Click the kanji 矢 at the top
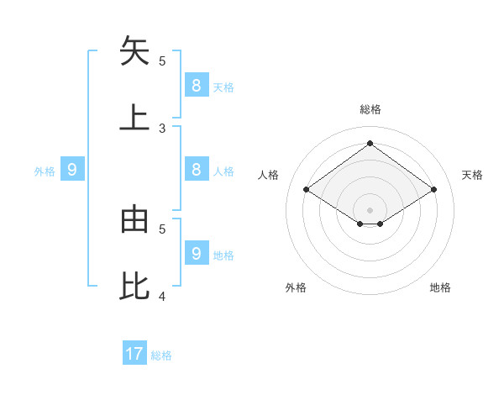tap(134, 51)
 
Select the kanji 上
tap(134, 117)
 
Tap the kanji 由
tap(134, 219)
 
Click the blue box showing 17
tap(134, 354)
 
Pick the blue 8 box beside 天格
tap(196, 85)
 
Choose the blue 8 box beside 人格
tap(196, 169)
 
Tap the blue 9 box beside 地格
tap(196, 253)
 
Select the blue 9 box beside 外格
tap(72, 170)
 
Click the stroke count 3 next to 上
tap(162, 129)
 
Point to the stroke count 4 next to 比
tap(162, 297)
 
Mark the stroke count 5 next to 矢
tap(162, 61)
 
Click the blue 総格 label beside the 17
tap(161, 355)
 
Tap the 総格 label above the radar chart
tap(370, 109)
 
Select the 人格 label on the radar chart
tap(269, 175)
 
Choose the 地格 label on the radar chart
tap(440, 287)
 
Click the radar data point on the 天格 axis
tap(433, 190)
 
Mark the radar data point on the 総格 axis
tap(370, 143)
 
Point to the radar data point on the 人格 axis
tap(306, 190)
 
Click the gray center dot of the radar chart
tap(370, 209)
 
